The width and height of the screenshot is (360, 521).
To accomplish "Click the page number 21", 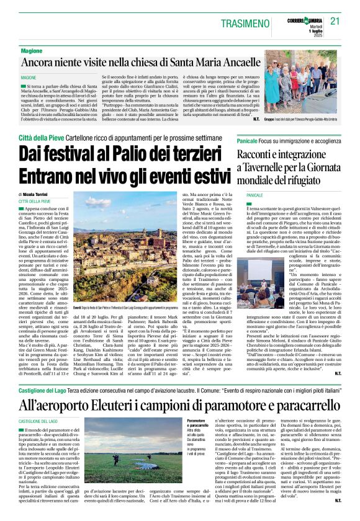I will point(336,20).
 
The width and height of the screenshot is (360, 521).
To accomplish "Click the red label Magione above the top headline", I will point(32,50).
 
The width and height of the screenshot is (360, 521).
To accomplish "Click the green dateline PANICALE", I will point(256,194).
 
